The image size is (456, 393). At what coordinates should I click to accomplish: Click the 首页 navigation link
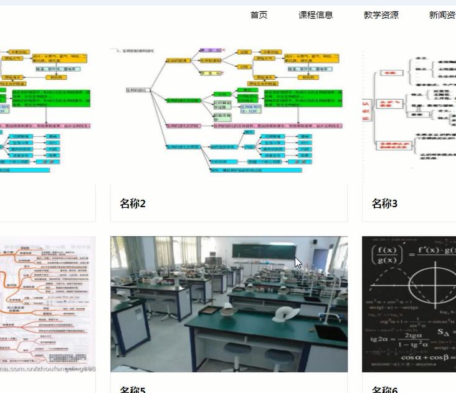coord(259,15)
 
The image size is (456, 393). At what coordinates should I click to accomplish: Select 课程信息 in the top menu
coord(315,15)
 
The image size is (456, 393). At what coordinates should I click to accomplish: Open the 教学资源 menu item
coord(381,15)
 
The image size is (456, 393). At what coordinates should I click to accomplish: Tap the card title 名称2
coord(132,203)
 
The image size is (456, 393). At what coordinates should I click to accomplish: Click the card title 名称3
coord(384,203)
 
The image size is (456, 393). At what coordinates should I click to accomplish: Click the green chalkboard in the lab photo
coord(262,250)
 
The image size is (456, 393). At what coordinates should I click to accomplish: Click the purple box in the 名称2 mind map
coord(210,49)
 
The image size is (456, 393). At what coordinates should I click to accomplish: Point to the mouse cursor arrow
coord(298,263)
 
